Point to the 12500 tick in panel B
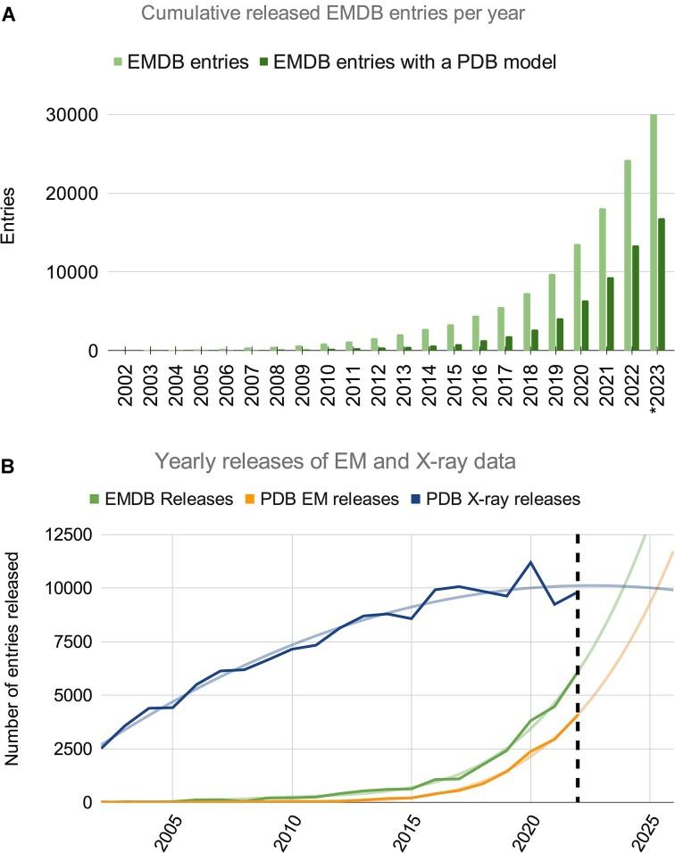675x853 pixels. (x=69, y=535)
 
